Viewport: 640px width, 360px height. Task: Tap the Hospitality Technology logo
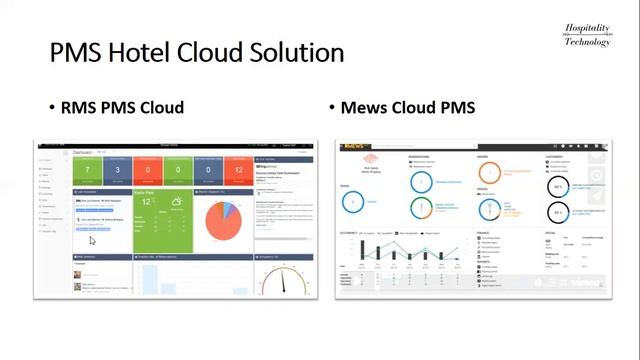tap(587, 35)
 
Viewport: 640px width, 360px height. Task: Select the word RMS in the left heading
tap(83, 107)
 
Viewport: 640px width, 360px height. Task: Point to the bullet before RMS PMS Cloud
tap(53, 108)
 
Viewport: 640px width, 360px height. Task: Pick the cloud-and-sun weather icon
tap(176, 204)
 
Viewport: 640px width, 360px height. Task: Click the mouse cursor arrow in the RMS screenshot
tap(93, 240)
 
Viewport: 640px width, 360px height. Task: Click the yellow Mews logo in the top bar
tap(353, 147)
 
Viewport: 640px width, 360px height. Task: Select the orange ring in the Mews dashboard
tap(422, 208)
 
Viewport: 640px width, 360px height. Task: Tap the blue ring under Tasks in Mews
tap(351, 201)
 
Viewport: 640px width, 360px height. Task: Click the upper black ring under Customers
tap(557, 187)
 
